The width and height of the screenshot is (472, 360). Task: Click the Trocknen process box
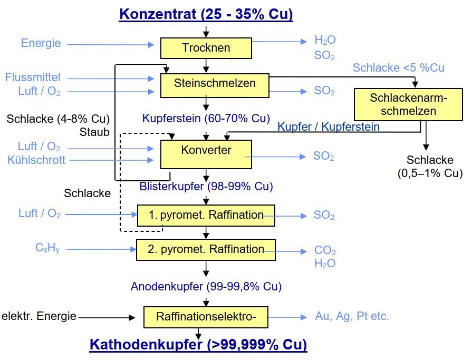point(206,48)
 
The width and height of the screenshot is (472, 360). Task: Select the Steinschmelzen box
point(215,83)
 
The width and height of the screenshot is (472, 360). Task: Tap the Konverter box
point(206,150)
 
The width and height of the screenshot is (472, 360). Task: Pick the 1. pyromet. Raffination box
point(206,215)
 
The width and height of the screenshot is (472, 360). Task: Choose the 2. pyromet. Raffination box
point(206,249)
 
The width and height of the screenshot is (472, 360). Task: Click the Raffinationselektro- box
point(206,317)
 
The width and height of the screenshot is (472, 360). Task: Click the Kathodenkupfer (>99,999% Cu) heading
point(198,345)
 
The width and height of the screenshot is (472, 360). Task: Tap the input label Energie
point(41,43)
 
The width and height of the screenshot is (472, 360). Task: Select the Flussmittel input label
point(33,77)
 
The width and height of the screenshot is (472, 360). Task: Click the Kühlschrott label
point(36,160)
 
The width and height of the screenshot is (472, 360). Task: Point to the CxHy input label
point(47,247)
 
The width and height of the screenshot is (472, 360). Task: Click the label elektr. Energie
point(39,317)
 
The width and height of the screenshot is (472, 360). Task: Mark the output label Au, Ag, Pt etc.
point(352,316)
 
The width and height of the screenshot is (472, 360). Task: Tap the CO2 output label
point(325,251)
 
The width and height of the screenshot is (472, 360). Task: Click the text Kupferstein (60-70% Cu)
point(206,118)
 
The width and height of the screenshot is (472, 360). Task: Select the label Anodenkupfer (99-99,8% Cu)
point(206,287)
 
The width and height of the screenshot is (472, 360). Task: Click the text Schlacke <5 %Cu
point(398,68)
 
